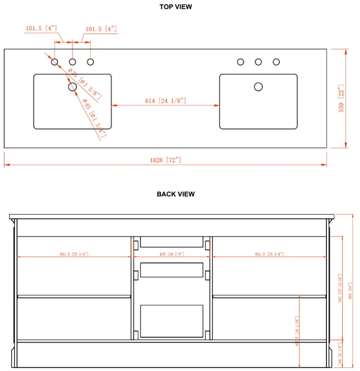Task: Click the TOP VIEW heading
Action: pos(176,7)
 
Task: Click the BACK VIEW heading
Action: pos(176,194)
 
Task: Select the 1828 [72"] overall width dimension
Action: pos(165,160)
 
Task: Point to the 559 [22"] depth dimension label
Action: pos(341,98)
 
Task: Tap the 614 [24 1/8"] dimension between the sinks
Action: pos(165,101)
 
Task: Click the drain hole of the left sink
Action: pos(72,86)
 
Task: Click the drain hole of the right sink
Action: pos(258,86)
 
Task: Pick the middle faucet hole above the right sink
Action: pos(258,62)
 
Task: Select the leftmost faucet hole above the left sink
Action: pos(55,62)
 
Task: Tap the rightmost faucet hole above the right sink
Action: pos(276,62)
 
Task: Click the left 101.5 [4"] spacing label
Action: pos(41,29)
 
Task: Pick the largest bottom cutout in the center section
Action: pos(172,321)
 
